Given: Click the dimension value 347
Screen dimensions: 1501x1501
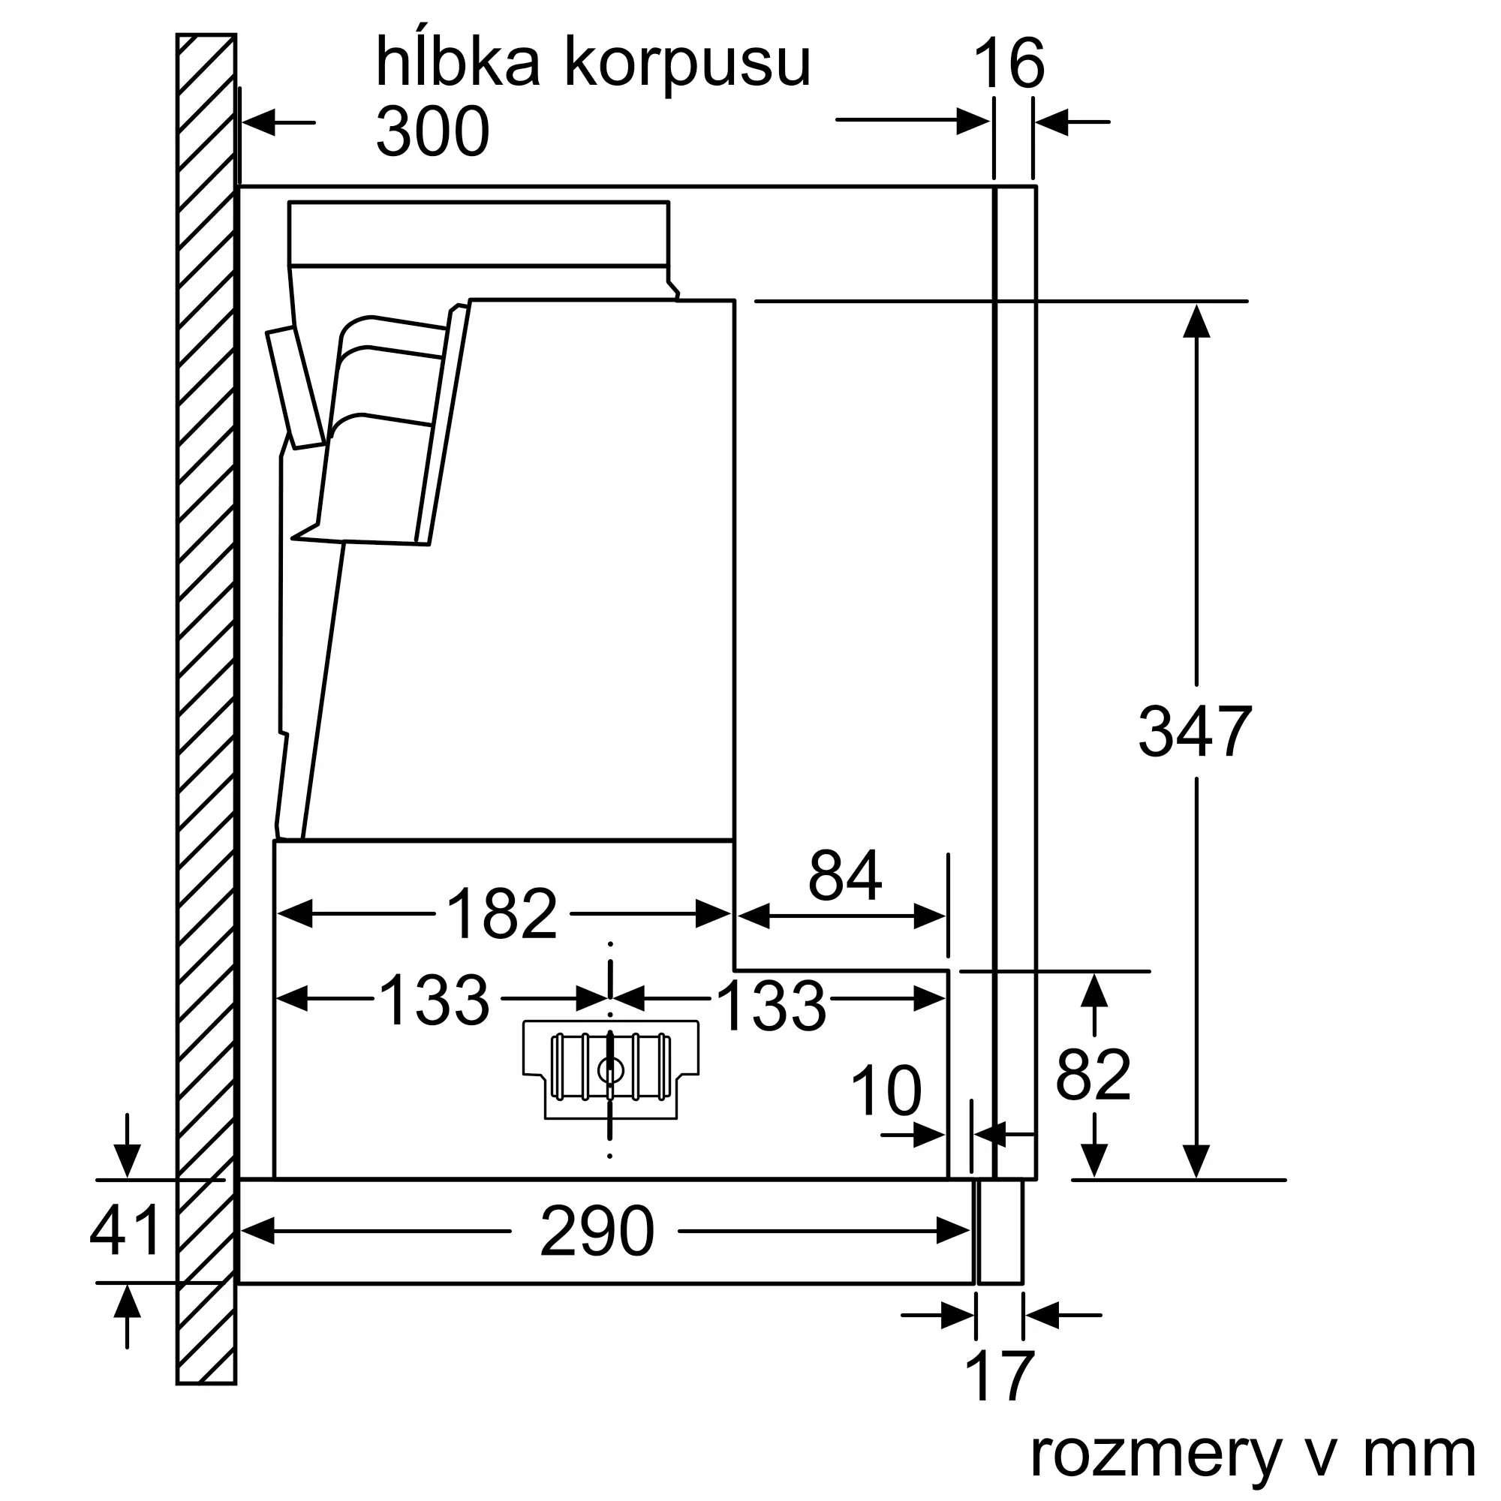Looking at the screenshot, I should click(1194, 731).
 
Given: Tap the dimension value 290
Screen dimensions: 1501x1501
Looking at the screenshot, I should click(597, 1232).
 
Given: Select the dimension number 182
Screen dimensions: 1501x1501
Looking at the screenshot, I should click(502, 914).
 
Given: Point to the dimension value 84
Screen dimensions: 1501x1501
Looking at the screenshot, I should click(844, 876).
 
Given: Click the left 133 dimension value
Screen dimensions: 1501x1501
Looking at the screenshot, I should click(435, 1000).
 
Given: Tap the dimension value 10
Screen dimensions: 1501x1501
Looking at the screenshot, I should click(886, 1090).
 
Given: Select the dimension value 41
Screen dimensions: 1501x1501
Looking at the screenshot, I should click(125, 1231).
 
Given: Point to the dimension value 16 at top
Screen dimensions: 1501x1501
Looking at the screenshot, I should click(1009, 64).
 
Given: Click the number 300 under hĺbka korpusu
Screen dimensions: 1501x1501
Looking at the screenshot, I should click(433, 131).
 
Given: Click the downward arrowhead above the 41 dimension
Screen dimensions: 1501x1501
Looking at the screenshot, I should click(127, 1161).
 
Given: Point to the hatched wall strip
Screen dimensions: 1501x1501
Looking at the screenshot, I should click(206, 699).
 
